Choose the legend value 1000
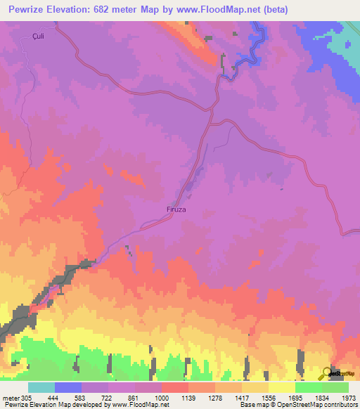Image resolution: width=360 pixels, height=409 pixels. [x=162, y=397]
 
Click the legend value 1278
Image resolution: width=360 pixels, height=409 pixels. [x=215, y=397]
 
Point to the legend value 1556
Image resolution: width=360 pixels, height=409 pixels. [x=269, y=397]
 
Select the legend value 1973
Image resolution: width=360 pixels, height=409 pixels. [x=349, y=397]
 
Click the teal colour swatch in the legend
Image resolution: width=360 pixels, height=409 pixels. [x=41, y=387]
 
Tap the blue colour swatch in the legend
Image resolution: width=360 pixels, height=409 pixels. [x=68, y=387]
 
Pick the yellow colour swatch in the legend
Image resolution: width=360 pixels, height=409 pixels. [x=281, y=387]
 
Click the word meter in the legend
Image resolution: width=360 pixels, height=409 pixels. [x=11, y=397]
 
